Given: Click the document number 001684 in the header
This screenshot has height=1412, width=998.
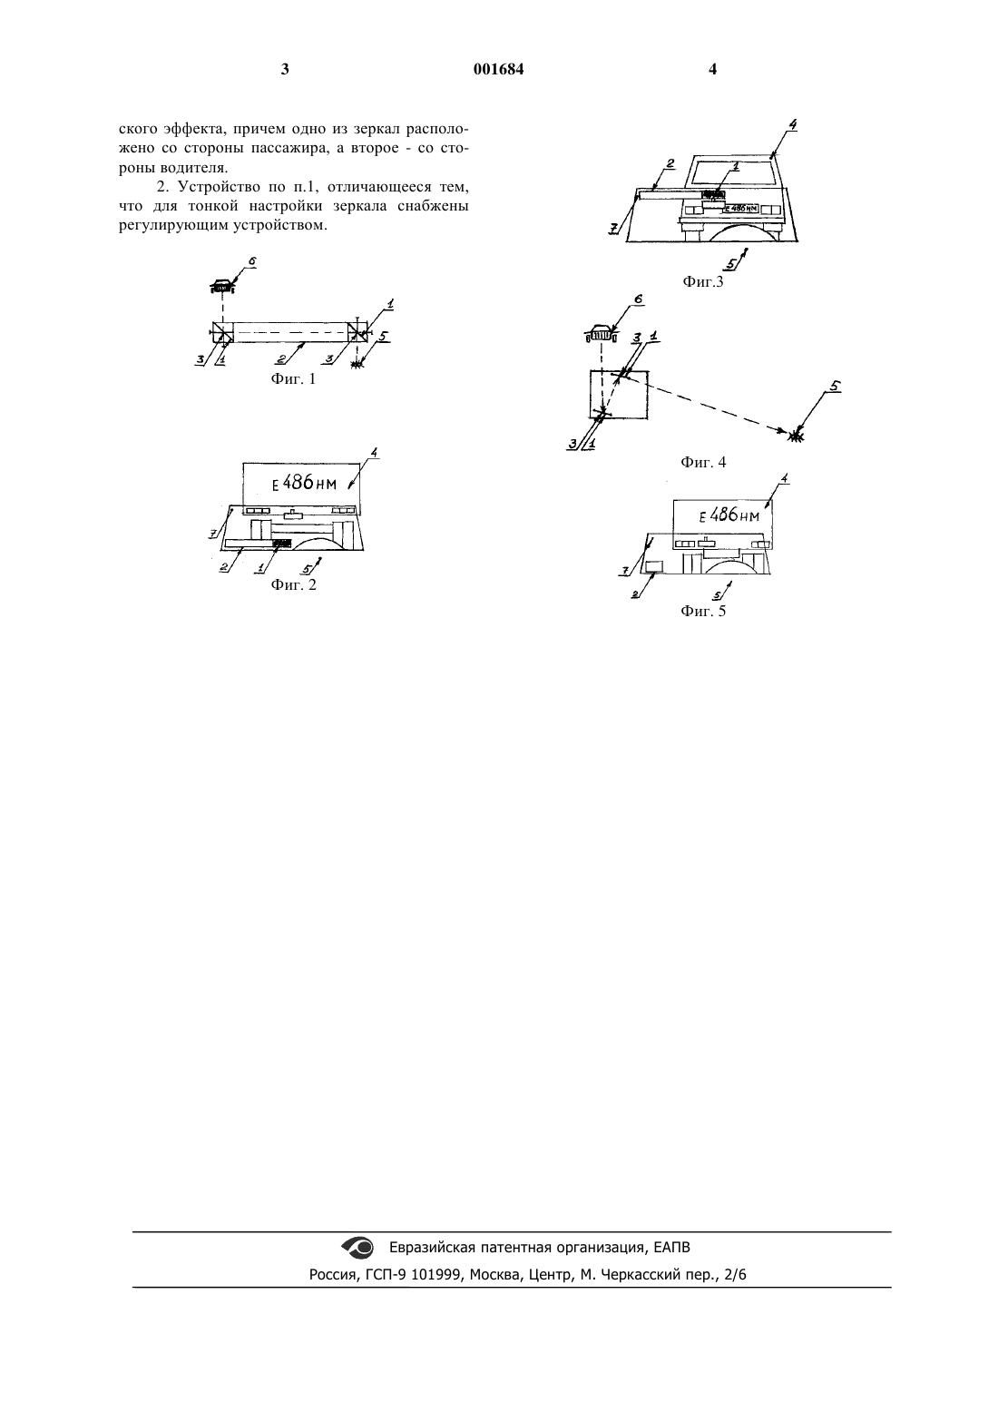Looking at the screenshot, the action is click(498, 69).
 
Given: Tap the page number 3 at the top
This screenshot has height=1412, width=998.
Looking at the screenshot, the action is click(285, 69).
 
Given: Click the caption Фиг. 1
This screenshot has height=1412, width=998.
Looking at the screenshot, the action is click(293, 378).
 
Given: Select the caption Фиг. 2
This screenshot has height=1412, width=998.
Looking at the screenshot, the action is click(294, 584).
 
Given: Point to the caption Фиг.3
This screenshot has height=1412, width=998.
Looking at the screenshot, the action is click(703, 282).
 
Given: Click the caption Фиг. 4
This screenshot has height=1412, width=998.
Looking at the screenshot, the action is click(703, 462).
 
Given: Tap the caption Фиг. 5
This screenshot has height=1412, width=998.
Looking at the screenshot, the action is click(703, 611).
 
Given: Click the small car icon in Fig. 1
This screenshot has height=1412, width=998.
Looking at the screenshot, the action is click(221, 287).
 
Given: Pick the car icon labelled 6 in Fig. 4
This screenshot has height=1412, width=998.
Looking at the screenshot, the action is click(601, 332).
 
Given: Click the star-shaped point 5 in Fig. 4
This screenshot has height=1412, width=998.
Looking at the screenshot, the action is click(797, 434).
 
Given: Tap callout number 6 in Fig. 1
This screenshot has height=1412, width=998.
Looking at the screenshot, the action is click(252, 261).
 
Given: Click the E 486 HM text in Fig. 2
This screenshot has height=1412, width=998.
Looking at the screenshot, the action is click(304, 483).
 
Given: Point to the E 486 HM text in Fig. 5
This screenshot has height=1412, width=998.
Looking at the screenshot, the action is click(729, 515).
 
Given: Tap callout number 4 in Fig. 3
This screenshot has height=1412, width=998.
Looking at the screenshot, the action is click(793, 125).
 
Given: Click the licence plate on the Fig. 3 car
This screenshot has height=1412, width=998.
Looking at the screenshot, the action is click(739, 209).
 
